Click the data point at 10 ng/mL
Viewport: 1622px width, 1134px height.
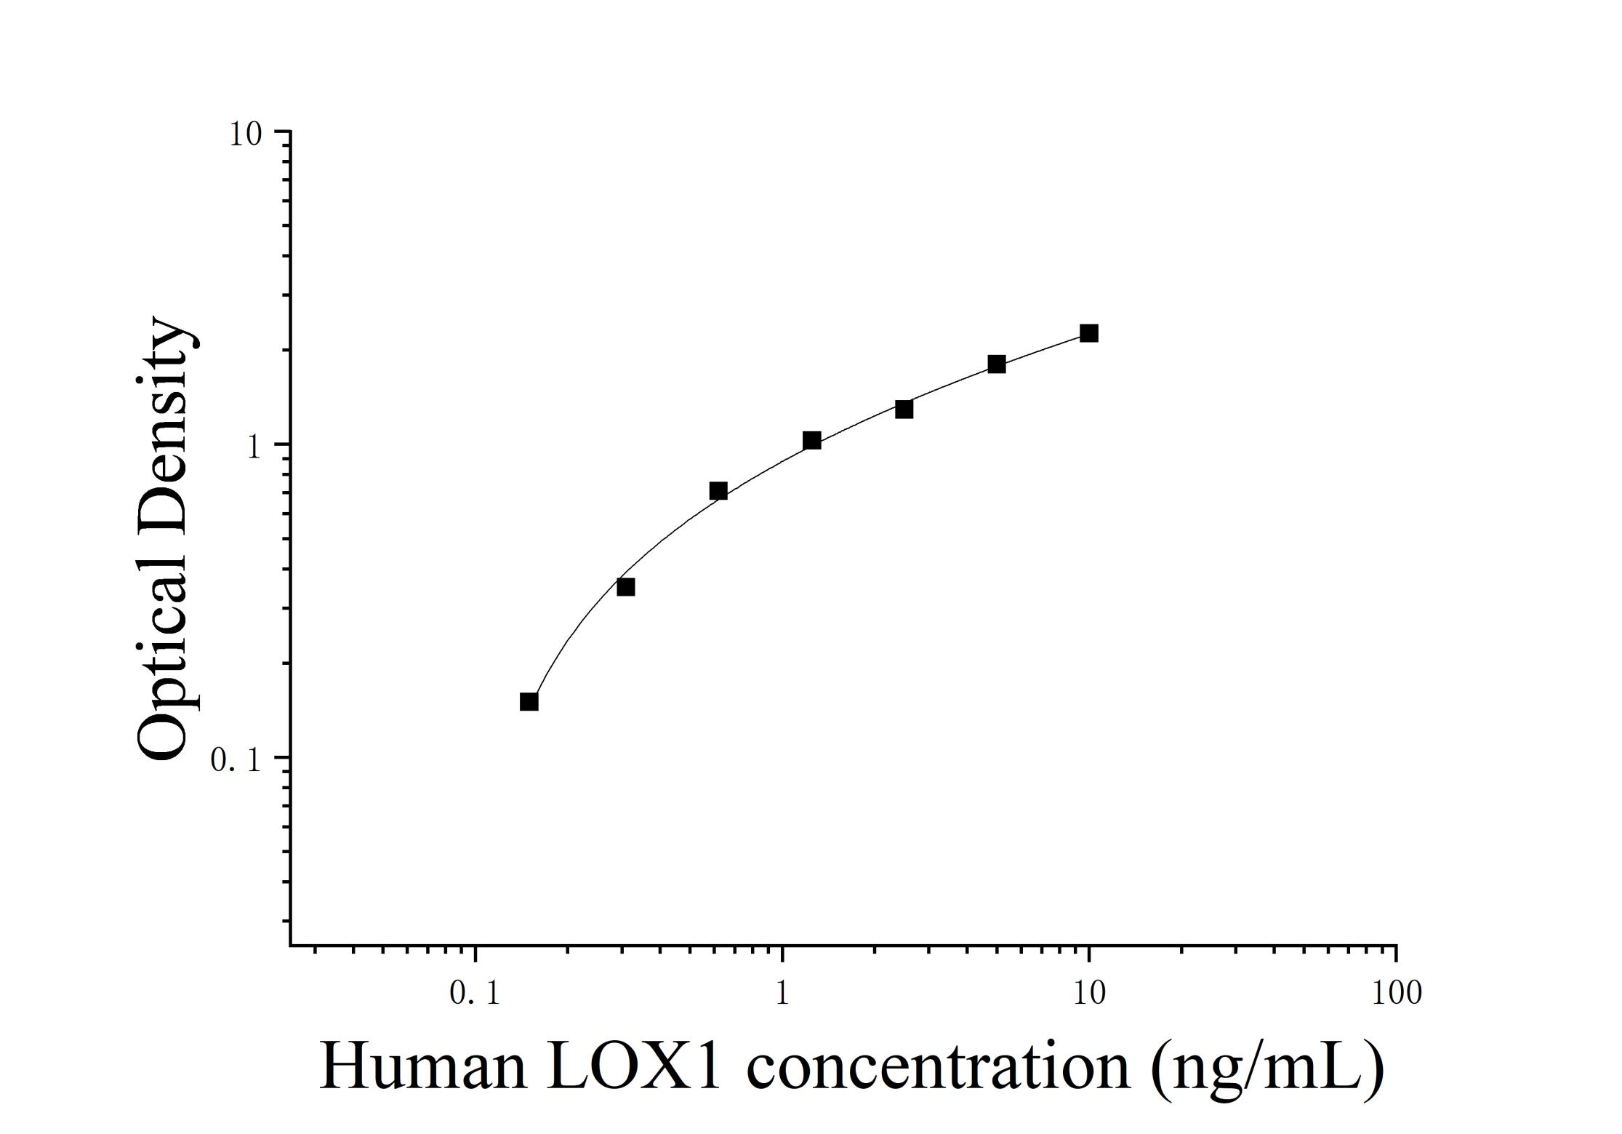tap(1088, 333)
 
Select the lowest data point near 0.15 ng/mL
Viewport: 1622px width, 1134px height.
tap(529, 701)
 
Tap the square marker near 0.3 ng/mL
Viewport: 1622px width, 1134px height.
tap(625, 586)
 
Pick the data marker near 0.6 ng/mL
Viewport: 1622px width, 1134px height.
tap(718, 490)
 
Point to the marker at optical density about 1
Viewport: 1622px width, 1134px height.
tap(812, 440)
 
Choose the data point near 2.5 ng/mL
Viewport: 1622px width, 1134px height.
tap(904, 409)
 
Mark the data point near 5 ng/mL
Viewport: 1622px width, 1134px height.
tap(997, 364)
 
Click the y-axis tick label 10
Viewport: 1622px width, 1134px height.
tap(246, 135)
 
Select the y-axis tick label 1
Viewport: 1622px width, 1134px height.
tap(253, 447)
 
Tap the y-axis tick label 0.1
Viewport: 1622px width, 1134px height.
tap(235, 761)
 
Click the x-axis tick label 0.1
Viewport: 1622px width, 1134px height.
tap(475, 993)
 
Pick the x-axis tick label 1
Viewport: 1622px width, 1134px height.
tap(782, 993)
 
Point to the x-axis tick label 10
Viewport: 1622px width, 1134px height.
tap(1088, 993)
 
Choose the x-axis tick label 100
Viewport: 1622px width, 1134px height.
tap(1396, 993)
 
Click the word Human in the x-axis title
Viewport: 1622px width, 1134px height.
tap(422, 1068)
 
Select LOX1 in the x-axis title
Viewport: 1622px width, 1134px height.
tap(633, 1068)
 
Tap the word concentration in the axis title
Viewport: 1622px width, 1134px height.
tap(938, 1068)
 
